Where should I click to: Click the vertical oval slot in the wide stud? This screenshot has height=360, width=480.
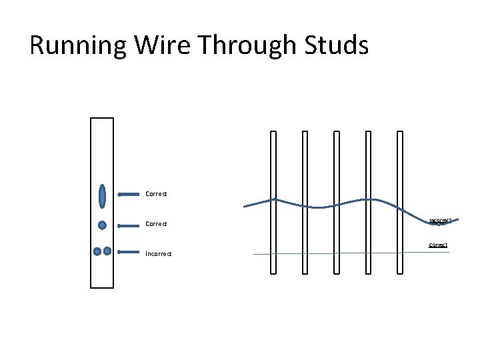[x=102, y=195]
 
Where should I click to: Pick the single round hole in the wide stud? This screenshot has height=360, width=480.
[x=102, y=225]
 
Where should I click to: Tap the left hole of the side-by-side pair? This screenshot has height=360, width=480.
[x=97, y=251]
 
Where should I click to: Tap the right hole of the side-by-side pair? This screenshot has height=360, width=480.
[x=107, y=251]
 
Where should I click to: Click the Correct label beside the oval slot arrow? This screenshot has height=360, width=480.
[x=156, y=194]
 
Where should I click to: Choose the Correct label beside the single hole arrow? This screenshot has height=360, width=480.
[x=156, y=224]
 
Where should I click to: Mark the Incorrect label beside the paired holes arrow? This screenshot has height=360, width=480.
[x=159, y=253]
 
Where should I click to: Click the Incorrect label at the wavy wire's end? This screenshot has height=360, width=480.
[x=440, y=220]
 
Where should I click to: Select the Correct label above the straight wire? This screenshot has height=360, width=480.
[x=438, y=245]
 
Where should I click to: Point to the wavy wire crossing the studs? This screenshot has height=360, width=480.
[x=320, y=207]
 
